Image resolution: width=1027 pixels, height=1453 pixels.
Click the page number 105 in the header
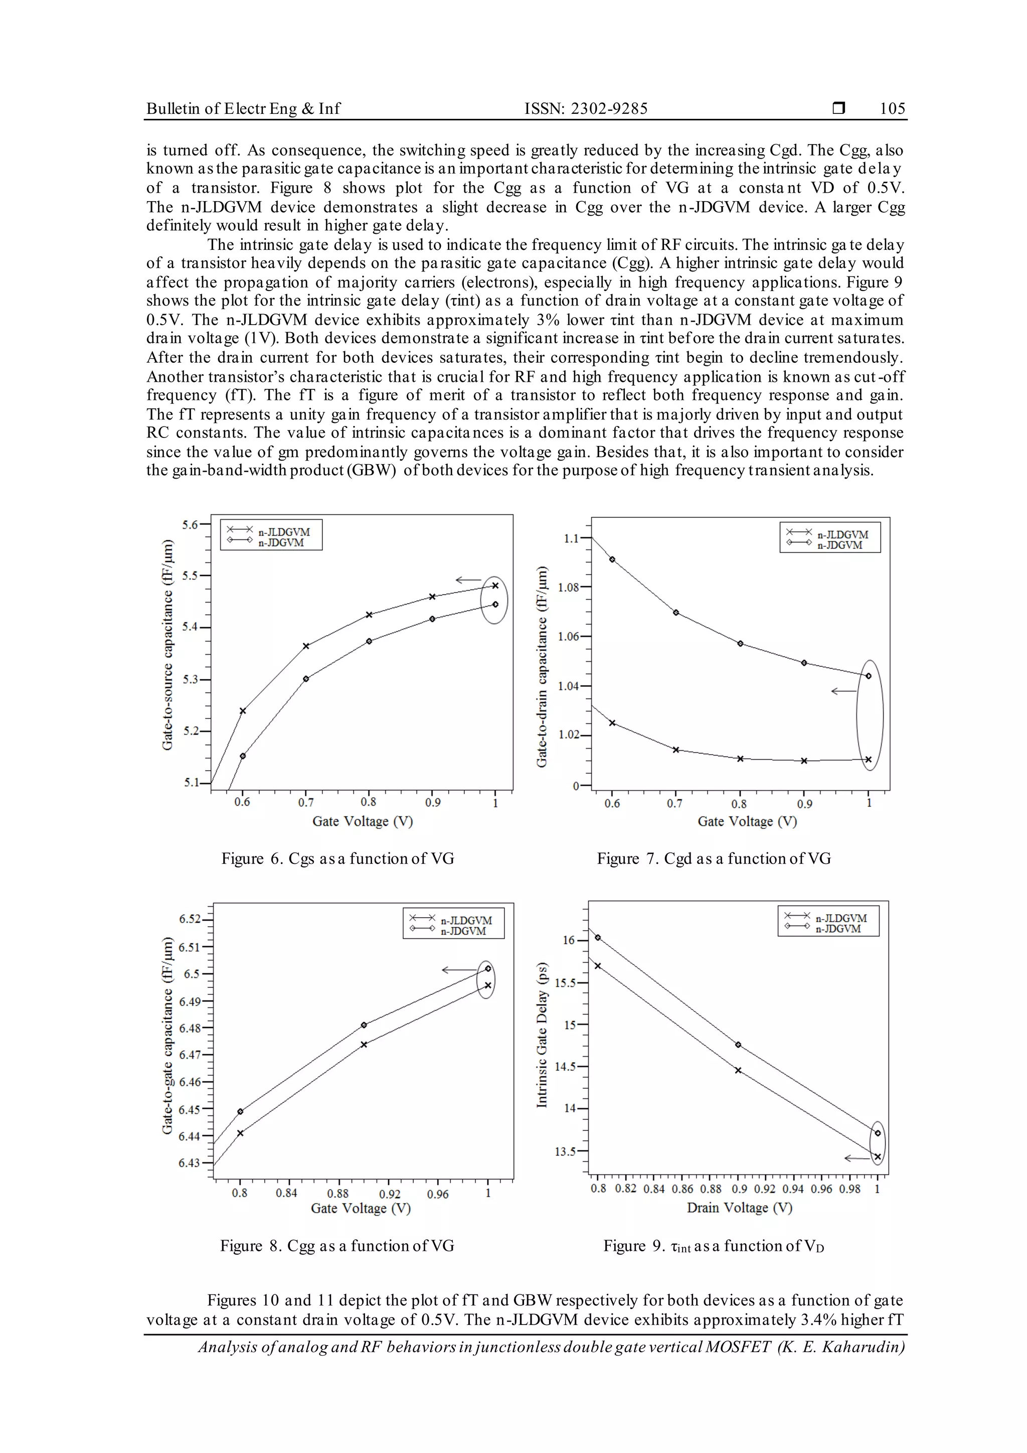(892, 108)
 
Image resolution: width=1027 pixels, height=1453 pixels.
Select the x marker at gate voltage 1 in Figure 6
(495, 586)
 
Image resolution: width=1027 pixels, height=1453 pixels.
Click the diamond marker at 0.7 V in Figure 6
(306, 678)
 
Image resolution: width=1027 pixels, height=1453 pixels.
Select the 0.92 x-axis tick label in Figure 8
(390, 1194)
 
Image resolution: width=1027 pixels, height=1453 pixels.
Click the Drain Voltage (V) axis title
(739, 1208)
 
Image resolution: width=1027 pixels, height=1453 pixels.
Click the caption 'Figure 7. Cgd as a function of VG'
(714, 859)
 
